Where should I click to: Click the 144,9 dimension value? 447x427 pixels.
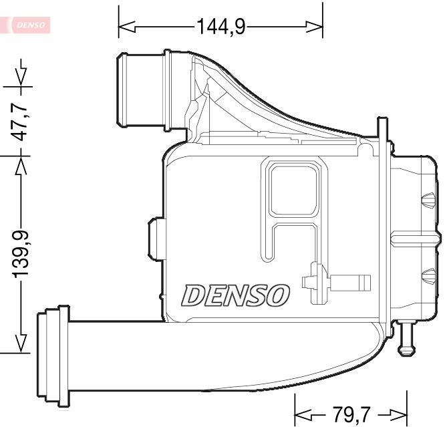(220, 26)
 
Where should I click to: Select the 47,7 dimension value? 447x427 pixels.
(21, 120)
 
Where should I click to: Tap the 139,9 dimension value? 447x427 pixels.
(21, 255)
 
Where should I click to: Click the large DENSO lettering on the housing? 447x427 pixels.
(236, 295)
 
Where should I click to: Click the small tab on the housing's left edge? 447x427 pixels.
(156, 239)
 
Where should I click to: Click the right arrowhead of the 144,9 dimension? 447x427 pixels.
(315, 27)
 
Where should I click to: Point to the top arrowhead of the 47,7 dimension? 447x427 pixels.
(21, 75)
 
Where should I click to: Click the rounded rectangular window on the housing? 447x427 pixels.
(295, 189)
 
